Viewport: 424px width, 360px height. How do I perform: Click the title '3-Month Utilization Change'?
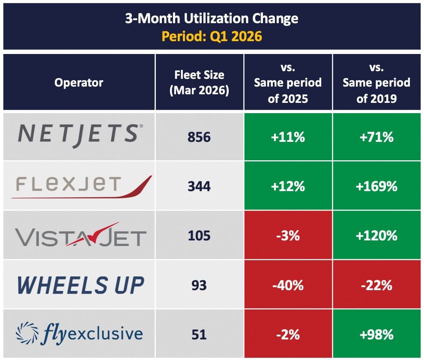[212, 19]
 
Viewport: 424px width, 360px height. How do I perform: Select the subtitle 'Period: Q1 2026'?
[212, 36]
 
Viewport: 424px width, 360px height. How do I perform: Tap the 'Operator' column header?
[79, 82]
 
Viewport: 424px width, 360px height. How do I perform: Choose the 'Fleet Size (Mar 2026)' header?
[199, 82]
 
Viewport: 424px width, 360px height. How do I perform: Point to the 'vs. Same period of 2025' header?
[288, 83]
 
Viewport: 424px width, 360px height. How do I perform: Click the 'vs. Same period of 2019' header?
[376, 83]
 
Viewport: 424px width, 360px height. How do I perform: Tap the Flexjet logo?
[81, 186]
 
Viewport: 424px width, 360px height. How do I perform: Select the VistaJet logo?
[81, 235]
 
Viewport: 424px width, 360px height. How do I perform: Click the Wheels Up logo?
[80, 285]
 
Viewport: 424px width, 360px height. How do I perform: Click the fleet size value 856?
[199, 137]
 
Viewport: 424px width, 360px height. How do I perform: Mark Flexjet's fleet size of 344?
[199, 186]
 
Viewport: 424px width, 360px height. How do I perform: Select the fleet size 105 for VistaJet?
[199, 235]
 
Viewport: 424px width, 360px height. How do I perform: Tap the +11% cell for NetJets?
[288, 137]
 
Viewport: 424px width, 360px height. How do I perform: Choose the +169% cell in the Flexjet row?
[376, 186]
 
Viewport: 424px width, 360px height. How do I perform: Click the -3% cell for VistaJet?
[288, 235]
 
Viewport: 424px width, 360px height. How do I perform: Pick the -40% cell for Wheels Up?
[288, 285]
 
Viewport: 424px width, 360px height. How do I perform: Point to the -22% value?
[376, 285]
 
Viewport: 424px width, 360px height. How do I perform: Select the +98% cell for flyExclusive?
[376, 334]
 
